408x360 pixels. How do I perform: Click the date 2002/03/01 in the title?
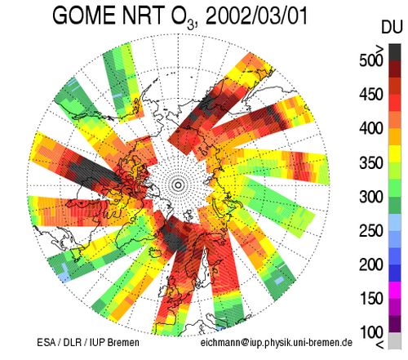pos(256,16)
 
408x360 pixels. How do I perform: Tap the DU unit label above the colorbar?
pos(392,28)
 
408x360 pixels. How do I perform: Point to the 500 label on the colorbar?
pos(371,60)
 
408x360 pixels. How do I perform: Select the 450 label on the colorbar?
pos(371,95)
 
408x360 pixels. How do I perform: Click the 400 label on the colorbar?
pos(371,128)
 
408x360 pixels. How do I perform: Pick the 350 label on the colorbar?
pos(371,162)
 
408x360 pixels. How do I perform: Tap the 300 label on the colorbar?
pos(371,197)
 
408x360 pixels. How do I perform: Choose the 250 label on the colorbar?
pos(371,231)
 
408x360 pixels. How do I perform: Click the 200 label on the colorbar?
pos(371,264)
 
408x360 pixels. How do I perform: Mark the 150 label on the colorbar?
pos(371,299)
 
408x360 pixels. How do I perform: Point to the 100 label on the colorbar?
pos(371,332)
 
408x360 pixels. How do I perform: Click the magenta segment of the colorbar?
pos(395,290)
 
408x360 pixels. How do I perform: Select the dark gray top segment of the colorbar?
pos(395,52)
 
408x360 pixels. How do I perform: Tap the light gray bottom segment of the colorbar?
pos(395,340)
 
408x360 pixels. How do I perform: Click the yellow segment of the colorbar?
pos(395,154)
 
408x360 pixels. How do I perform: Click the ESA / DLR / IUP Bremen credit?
pos(88,342)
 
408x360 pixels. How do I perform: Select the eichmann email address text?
pos(277,343)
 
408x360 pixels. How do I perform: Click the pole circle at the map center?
pos(178,185)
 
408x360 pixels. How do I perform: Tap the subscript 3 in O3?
pos(191,25)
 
